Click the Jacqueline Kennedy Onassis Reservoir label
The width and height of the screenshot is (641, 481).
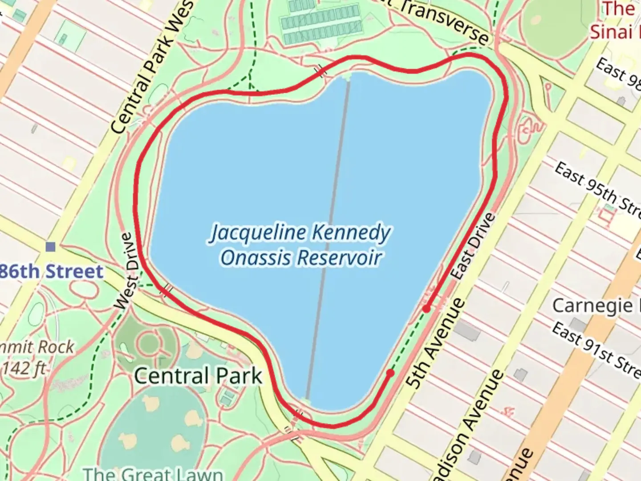pos(300,245)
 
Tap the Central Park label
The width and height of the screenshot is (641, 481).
pos(198,375)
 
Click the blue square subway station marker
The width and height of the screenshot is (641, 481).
pos(51,246)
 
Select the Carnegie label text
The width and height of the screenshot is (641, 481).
pos(592,306)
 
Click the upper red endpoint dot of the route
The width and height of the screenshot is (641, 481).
pos(426,309)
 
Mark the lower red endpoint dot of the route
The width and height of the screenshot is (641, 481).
pos(390,373)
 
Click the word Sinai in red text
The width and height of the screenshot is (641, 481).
pos(611,32)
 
